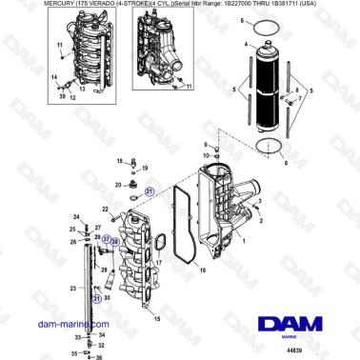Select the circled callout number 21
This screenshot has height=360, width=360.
(150, 191)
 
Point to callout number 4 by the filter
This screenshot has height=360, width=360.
(245, 45)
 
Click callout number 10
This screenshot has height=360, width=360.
(205, 154)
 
